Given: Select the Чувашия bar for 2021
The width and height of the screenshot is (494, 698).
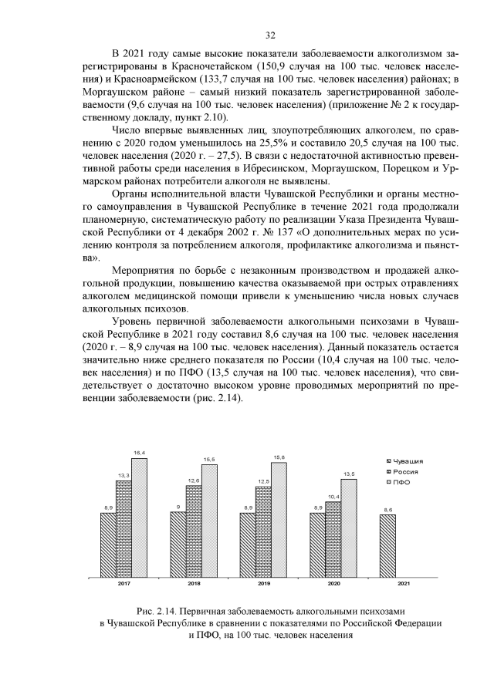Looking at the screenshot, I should (387, 545).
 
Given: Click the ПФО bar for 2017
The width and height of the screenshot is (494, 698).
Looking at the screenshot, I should (139, 518).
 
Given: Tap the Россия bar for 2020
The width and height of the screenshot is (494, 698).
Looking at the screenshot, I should (333, 539).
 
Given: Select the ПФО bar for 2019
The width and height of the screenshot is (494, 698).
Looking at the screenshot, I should (279, 519).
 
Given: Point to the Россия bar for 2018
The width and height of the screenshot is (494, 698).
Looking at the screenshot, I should (194, 531).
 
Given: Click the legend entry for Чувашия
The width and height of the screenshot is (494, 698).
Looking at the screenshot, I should (408, 460).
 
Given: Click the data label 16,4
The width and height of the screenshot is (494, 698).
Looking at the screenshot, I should (139, 453).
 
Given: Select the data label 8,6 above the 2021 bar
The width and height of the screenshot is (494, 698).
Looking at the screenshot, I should (387, 510).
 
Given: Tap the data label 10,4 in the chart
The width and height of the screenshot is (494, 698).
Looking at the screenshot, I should (333, 497).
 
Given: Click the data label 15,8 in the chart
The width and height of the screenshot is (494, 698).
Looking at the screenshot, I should (279, 457).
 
